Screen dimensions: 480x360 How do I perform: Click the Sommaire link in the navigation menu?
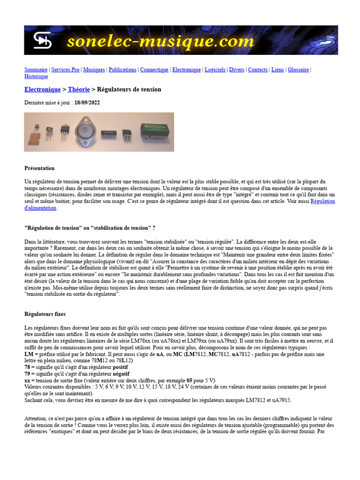(36, 70)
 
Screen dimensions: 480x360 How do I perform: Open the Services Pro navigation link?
(65, 70)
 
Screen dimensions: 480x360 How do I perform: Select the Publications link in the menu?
(122, 70)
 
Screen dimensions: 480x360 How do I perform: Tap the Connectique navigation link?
(154, 70)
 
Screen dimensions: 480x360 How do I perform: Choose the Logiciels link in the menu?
(215, 70)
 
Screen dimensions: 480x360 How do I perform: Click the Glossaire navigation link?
(298, 70)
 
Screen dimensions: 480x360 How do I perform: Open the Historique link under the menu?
(36, 76)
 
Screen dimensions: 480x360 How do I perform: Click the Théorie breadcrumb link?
(79, 90)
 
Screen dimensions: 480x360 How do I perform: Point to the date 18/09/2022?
(87, 103)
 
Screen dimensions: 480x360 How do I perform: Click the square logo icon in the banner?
(42, 41)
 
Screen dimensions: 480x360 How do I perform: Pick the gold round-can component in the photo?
(48, 130)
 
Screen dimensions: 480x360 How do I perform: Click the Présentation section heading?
(39, 168)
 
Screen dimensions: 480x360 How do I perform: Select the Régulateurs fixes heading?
(45, 314)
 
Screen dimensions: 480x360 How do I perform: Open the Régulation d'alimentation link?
(322, 202)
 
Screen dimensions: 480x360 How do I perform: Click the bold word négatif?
(121, 374)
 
